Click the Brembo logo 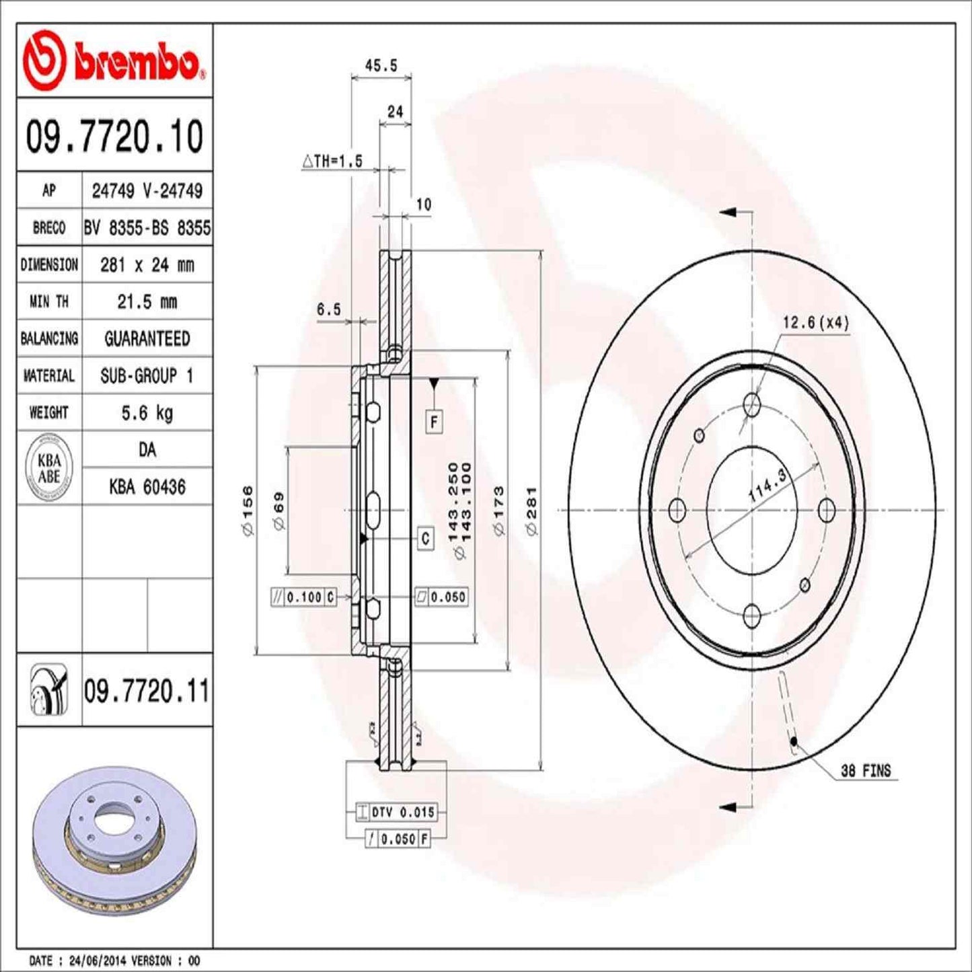114,61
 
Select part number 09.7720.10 114,136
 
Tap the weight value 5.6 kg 147,412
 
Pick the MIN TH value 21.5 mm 147,301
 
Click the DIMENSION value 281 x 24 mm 147,265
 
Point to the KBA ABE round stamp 49,468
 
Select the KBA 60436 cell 147,486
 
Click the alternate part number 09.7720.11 147,691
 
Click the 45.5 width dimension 381,65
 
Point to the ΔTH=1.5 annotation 332,161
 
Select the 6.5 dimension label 328,309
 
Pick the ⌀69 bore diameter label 279,511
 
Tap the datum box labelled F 434,422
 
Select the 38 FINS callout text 865,771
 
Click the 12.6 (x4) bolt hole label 815,323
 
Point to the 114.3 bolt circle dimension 768,486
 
